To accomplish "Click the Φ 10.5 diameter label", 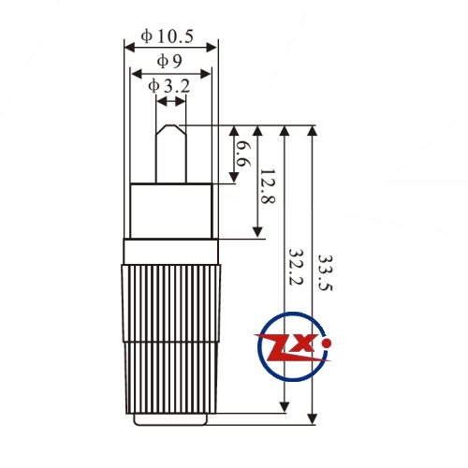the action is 168,37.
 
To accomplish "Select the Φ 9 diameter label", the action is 169,61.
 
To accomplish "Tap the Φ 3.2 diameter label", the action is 168,86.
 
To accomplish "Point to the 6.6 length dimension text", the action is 242,154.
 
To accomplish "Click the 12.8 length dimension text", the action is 268,186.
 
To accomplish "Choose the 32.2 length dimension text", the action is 295,267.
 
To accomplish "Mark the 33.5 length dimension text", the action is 325,273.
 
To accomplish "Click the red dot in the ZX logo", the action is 327,344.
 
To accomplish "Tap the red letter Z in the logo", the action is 278,347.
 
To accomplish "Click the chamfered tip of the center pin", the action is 171,129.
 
